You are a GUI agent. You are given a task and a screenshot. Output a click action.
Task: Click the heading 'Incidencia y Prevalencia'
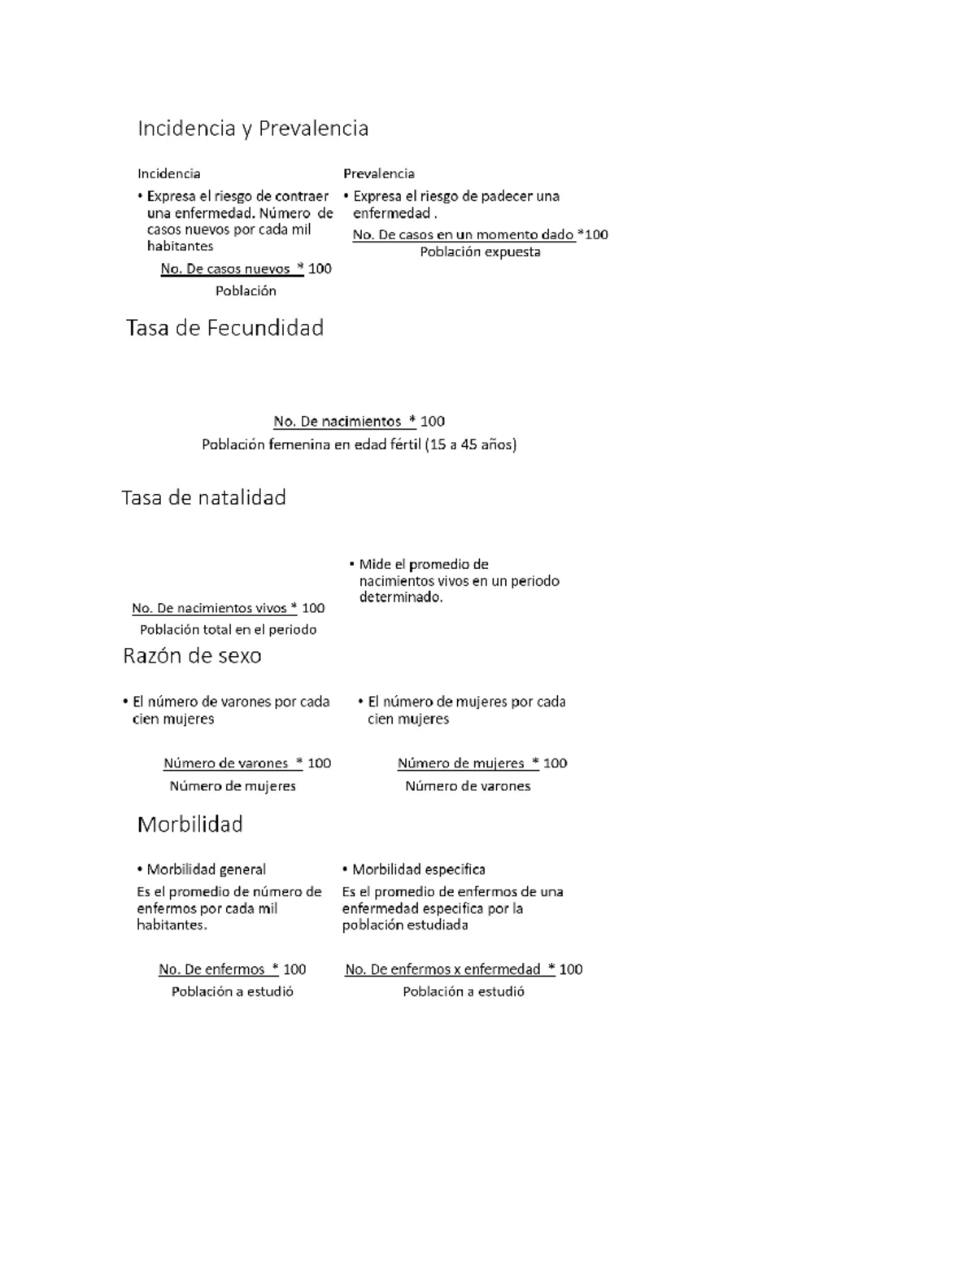click(x=253, y=129)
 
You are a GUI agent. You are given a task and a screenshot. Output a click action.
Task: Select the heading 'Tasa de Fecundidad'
click(x=225, y=328)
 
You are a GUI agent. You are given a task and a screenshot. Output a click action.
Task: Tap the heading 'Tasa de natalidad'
click(x=203, y=497)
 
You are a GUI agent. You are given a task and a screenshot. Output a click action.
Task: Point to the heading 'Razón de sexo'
click(x=192, y=656)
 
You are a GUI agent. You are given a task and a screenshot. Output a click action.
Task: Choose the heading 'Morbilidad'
click(x=190, y=824)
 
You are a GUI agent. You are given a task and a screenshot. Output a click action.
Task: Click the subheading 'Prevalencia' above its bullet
click(x=378, y=173)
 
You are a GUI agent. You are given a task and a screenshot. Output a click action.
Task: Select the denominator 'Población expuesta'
click(x=480, y=252)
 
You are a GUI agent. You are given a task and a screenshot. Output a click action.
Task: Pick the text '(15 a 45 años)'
click(x=471, y=444)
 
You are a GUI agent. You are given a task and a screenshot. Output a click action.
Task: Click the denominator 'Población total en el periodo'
click(x=228, y=629)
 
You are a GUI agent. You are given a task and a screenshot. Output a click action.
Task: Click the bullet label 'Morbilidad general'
click(x=206, y=869)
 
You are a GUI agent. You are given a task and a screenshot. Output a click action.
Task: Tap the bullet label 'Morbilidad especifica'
click(x=418, y=869)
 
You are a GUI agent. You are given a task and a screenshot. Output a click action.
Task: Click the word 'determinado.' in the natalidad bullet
click(x=401, y=597)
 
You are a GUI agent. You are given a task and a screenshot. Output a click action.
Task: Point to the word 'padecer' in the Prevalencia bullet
click(x=507, y=196)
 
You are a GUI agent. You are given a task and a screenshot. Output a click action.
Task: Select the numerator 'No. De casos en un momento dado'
click(x=463, y=234)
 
